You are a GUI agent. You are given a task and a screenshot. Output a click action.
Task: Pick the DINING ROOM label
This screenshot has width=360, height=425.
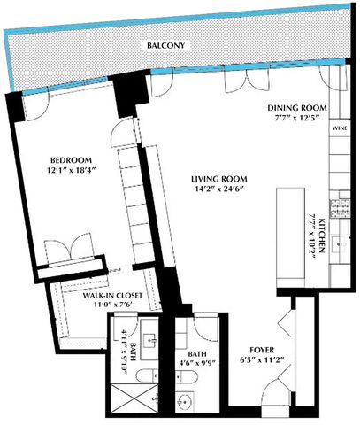297,109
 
